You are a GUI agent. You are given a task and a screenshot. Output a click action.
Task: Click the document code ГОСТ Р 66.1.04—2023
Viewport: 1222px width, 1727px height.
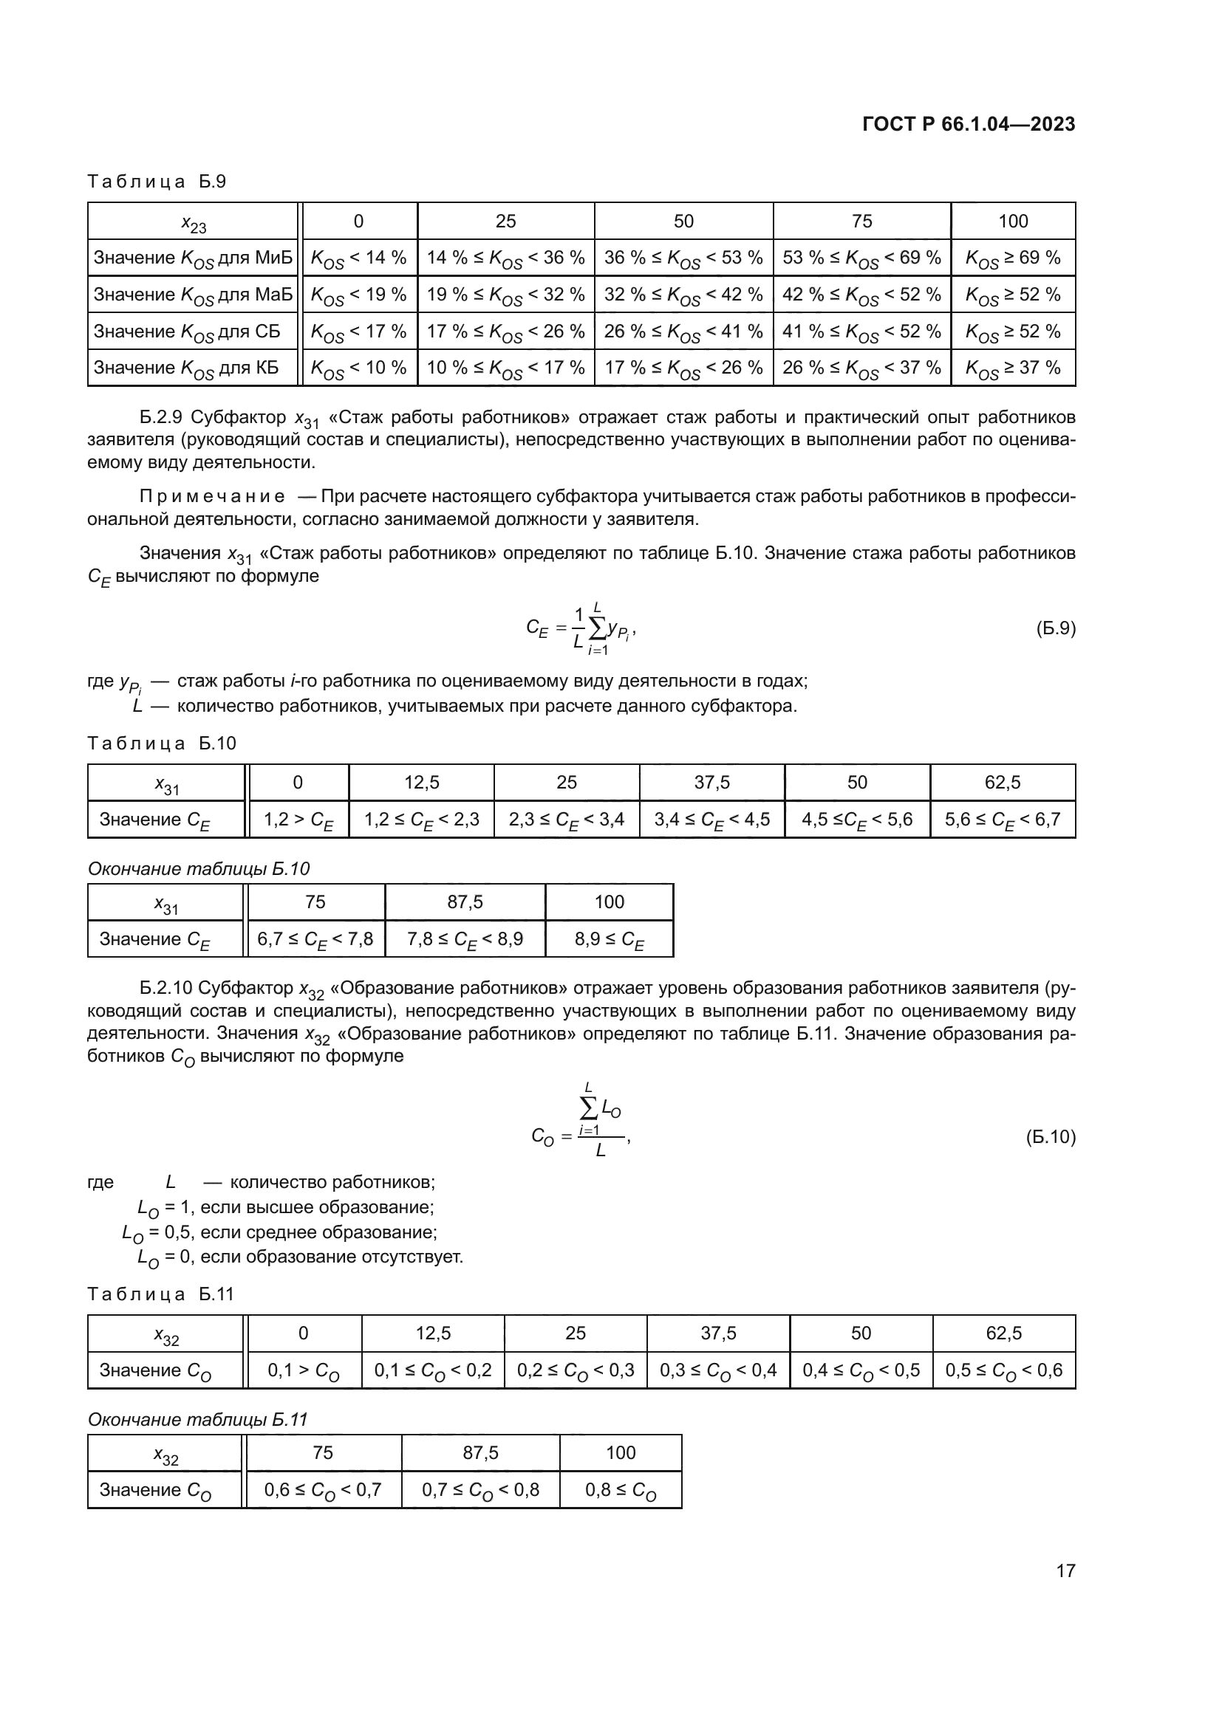969,124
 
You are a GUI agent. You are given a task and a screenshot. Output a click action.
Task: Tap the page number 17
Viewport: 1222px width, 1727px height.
1065,1570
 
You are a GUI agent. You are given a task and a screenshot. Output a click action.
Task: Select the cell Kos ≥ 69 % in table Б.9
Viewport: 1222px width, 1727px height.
1013,258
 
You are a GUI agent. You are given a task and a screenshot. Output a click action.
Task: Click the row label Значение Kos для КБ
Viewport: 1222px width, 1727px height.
186,368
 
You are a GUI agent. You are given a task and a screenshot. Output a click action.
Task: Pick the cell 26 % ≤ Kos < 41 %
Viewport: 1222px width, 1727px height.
683,332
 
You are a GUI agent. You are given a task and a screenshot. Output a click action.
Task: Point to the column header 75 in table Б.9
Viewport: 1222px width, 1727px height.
861,222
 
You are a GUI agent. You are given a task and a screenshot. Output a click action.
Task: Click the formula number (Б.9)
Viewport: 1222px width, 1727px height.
1056,628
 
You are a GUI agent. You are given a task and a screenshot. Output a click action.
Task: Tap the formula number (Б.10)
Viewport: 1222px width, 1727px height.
1051,1136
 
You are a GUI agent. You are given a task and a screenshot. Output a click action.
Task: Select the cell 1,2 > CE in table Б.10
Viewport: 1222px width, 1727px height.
298,820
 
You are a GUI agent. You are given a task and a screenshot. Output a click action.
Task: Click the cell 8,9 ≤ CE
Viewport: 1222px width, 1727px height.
609,939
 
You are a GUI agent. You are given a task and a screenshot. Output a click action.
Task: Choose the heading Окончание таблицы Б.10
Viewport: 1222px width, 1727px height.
199,869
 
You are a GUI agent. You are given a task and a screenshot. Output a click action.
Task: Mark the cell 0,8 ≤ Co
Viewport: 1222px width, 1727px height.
620,1490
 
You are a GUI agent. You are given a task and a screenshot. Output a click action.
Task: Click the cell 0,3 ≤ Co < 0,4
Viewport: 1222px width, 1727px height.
718,1370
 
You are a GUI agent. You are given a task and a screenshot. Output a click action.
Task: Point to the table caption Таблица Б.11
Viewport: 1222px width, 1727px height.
161,1294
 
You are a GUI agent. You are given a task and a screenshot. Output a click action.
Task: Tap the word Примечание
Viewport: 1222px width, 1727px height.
212,496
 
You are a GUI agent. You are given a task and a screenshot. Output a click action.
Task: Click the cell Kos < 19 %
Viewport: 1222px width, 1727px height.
358,295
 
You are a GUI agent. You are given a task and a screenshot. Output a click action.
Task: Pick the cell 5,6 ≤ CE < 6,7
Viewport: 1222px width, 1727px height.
1003,820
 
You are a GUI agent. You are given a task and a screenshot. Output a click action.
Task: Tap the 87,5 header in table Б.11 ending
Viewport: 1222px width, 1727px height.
480,1452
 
